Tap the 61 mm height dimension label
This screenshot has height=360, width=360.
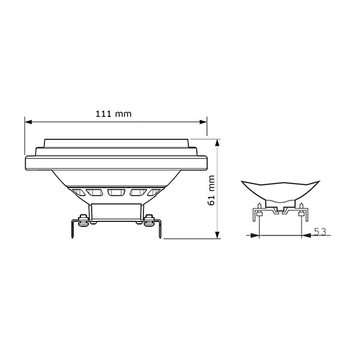pos(211,191)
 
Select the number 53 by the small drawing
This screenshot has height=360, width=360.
pos(321,232)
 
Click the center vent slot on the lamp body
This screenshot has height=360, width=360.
pos(116,193)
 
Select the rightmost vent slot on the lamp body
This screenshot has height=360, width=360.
pos(155,193)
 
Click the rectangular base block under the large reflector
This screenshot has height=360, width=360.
pos(116,209)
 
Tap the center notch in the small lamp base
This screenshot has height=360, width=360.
pos(278,211)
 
